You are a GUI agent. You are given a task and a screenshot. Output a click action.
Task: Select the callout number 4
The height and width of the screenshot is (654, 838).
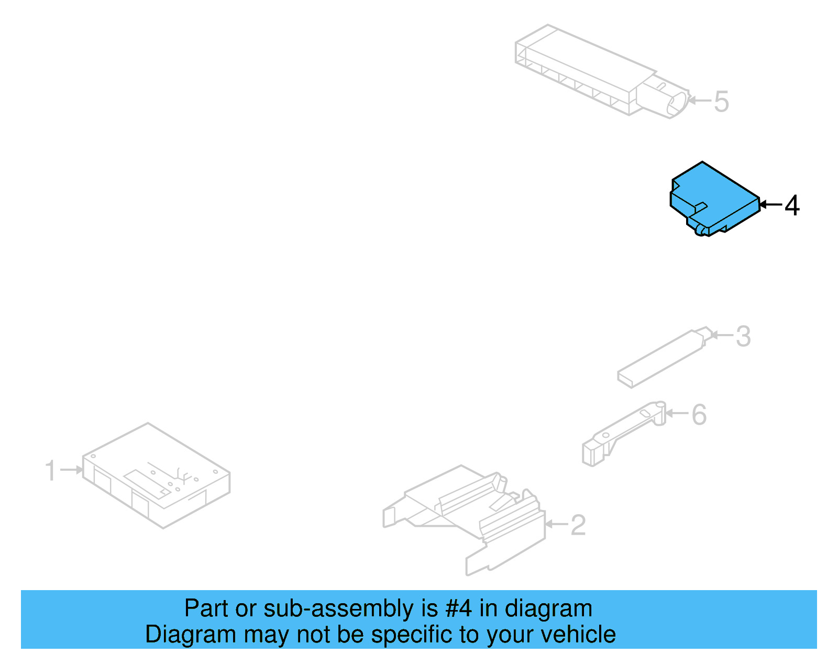coord(792,205)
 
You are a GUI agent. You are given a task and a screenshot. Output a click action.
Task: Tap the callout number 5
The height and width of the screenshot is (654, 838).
coord(721,102)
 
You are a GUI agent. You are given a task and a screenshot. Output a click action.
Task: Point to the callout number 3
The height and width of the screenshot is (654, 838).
coord(743,337)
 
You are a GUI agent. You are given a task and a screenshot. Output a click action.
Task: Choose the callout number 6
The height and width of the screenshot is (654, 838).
coord(699,415)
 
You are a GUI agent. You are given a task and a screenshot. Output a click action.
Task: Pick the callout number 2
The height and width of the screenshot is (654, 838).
coord(578,525)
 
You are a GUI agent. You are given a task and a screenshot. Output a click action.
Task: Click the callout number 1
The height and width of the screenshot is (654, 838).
coord(50,470)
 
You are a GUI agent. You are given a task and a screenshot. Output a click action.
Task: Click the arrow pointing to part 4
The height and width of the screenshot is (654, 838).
coord(770,205)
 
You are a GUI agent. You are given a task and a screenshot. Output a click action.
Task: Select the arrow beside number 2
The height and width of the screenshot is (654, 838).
coord(556,524)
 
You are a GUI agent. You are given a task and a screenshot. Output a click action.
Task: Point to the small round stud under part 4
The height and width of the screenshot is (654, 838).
coord(699,230)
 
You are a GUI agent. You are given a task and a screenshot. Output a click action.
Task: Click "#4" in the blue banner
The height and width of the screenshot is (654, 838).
coord(459,608)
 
